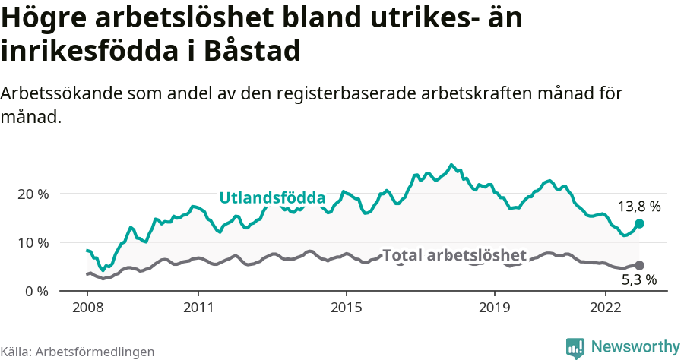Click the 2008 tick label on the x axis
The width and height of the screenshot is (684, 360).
(87, 308)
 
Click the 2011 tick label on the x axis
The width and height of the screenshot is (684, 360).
(198, 308)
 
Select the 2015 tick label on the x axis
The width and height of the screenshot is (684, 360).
(347, 308)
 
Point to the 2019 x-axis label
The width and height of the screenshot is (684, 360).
(495, 308)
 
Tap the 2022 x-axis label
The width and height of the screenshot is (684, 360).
(606, 308)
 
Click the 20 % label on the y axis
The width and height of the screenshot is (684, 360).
(33, 194)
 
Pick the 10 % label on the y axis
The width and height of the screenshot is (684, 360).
(33, 242)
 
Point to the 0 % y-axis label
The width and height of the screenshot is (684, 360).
(36, 291)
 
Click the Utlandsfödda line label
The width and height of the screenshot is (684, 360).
(272, 198)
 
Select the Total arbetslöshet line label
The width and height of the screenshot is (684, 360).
(454, 255)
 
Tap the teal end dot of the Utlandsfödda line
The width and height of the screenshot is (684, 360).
(639, 223)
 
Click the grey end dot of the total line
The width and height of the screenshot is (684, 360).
(639, 265)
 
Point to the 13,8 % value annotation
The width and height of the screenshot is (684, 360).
(639, 207)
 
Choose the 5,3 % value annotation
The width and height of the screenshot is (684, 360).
(639, 280)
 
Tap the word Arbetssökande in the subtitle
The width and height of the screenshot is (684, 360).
(61, 94)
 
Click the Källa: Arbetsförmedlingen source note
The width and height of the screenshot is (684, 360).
(78, 352)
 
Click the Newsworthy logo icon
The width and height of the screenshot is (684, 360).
(575, 348)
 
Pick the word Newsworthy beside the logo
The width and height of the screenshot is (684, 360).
(635, 347)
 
